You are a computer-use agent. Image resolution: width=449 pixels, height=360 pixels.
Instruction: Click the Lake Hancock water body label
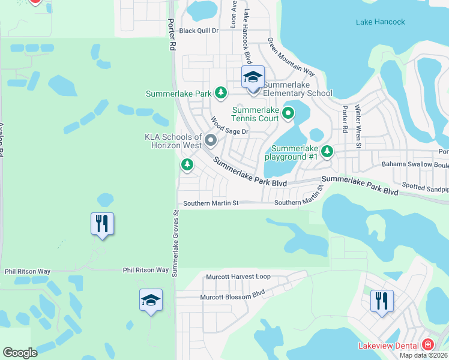tap(381, 22)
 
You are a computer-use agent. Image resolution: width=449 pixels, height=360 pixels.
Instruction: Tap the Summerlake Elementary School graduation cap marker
tap(253, 78)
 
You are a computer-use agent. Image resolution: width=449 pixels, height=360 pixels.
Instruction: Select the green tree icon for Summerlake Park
tap(221, 92)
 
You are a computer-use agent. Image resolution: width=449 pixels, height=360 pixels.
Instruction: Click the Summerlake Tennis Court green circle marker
tap(288, 112)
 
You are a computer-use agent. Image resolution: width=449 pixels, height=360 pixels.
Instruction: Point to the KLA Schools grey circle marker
tap(211, 140)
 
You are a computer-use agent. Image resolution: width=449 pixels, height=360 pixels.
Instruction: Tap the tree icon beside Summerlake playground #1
tap(327, 152)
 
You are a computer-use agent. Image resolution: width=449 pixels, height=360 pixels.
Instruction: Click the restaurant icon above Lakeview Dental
tap(382, 301)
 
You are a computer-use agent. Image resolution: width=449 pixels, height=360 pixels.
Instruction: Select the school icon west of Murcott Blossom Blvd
tap(151, 300)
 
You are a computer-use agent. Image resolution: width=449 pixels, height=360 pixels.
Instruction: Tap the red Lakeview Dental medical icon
tap(427, 344)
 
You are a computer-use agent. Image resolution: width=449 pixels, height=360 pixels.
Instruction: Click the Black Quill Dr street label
tap(199, 31)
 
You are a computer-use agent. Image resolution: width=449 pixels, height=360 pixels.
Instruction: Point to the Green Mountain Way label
tap(291, 57)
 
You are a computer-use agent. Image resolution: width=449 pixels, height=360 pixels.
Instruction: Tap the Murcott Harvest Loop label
tap(238, 277)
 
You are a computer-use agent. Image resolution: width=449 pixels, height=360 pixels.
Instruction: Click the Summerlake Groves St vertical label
tap(176, 243)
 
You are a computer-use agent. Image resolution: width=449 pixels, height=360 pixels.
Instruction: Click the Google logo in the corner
tap(20, 353)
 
